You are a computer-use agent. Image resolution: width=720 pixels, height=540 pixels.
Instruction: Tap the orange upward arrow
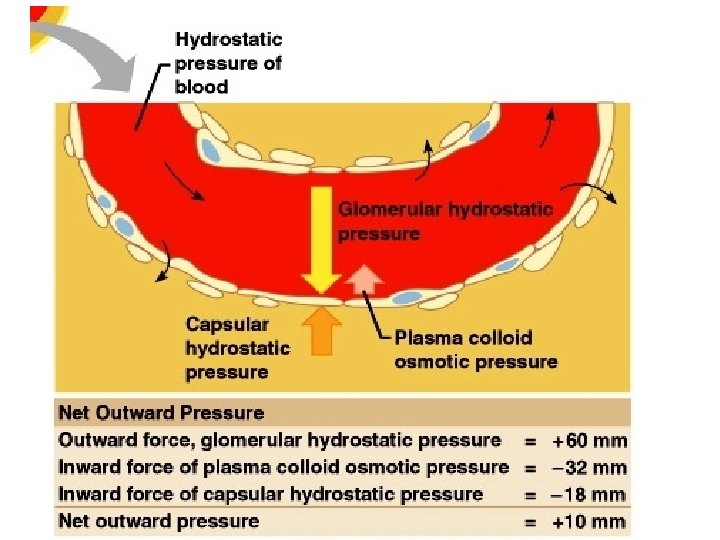coord(321,331)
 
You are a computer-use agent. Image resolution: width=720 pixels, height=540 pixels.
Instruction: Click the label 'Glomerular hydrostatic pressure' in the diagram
coord(445,222)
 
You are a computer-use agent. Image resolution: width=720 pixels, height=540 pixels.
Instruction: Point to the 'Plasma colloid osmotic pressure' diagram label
coord(476,349)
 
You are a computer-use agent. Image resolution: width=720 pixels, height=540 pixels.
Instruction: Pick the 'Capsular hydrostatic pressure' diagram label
coord(238,348)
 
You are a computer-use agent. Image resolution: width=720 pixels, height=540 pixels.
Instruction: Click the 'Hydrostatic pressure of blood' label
coord(229,63)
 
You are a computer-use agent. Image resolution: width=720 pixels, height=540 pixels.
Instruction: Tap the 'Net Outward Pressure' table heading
coord(161,413)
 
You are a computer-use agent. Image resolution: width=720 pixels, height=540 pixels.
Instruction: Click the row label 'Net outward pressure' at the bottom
coord(158,521)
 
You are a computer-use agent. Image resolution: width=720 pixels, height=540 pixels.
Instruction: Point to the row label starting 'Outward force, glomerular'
coord(279,440)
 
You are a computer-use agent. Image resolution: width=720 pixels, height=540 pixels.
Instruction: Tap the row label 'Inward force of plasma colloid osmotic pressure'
coord(283,467)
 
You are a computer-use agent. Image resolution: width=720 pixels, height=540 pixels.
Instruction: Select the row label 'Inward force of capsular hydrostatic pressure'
coord(270,494)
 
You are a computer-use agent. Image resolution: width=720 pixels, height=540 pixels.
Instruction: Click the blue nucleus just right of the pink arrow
coord(407,298)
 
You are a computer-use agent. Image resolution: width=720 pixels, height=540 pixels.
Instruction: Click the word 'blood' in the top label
coord(201,87)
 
